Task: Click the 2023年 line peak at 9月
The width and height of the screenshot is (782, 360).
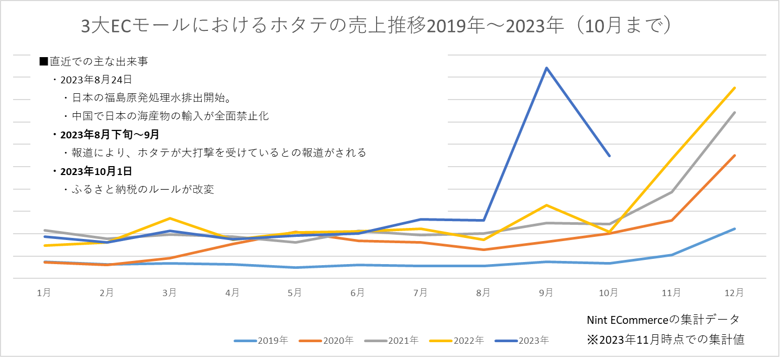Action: (x=546, y=68)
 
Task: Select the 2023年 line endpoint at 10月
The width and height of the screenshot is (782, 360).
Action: (x=609, y=156)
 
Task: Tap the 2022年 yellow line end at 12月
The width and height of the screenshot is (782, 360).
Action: (x=735, y=88)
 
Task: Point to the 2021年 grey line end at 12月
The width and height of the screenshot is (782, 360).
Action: (x=735, y=113)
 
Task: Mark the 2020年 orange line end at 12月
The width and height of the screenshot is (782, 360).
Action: (x=735, y=156)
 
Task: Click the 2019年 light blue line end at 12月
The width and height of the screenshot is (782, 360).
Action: (x=735, y=229)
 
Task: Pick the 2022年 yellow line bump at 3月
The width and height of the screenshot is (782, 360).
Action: (x=169, y=218)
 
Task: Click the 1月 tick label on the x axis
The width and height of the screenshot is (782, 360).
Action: (x=44, y=292)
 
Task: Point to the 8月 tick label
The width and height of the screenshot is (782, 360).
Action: (x=483, y=292)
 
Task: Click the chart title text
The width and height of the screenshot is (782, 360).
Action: (x=376, y=27)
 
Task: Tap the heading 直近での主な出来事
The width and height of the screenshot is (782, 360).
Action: (x=94, y=62)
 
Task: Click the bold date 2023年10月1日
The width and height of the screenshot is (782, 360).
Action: (x=92, y=171)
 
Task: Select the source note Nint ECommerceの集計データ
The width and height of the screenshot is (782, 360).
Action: (x=663, y=319)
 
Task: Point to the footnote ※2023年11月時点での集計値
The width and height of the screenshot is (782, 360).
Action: (x=665, y=340)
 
